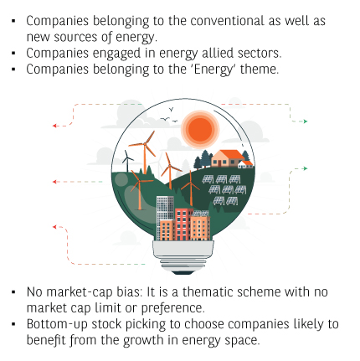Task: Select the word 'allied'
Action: [x=218, y=53]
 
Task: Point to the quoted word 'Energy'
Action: [x=213, y=70]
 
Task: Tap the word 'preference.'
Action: [x=172, y=308]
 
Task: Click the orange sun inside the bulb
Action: [x=200, y=130]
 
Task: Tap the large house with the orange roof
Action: [x=228, y=158]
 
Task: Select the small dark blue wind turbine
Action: [x=127, y=161]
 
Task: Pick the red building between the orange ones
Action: [x=183, y=224]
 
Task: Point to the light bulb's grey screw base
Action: [x=183, y=256]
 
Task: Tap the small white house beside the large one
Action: [x=245, y=164]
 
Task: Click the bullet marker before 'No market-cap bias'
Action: [x=14, y=292]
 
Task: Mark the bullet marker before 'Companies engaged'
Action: [x=14, y=53]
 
